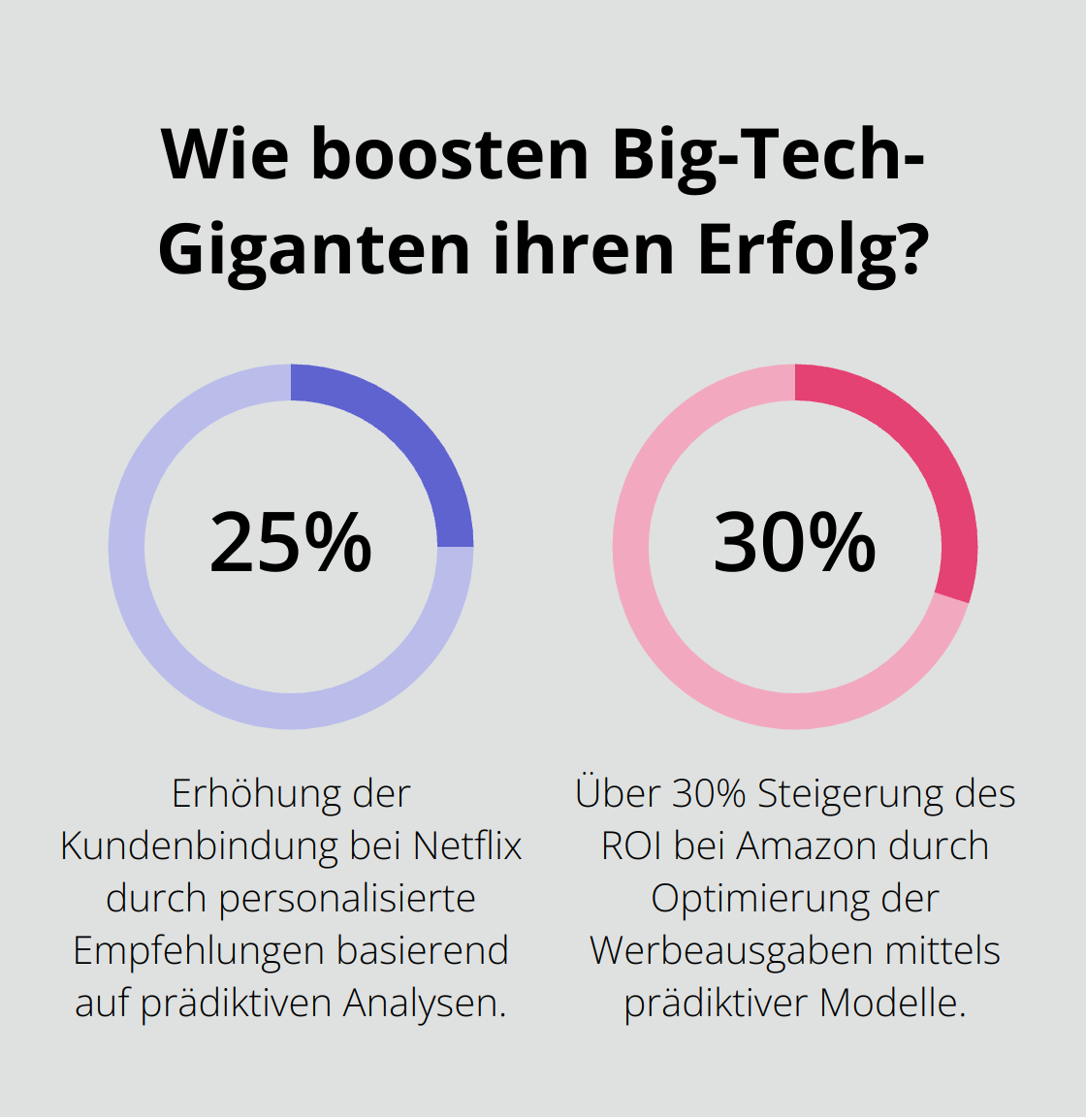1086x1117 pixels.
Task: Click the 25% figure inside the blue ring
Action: tap(291, 543)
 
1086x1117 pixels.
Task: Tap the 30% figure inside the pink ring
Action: tap(795, 543)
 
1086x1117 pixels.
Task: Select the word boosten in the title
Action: tap(450, 155)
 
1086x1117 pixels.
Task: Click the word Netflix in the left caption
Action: tap(467, 846)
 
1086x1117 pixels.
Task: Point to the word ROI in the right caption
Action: tap(632, 846)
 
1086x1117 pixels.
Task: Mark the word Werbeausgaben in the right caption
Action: tap(718, 951)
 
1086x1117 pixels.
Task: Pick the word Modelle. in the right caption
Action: tap(892, 1004)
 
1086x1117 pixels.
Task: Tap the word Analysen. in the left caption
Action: tap(425, 1004)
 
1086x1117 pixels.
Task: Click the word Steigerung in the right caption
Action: tap(847, 794)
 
